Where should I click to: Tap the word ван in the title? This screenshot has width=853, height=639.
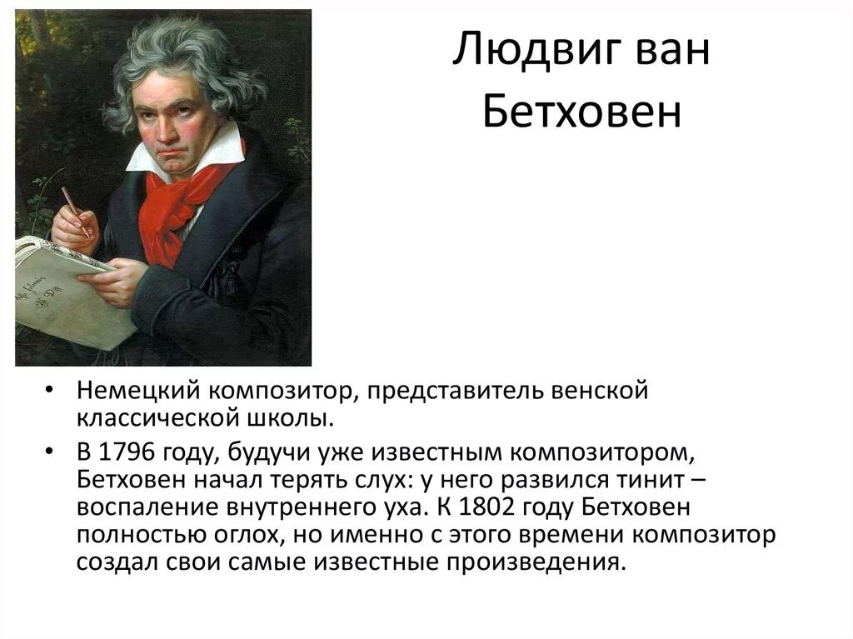pos(663,55)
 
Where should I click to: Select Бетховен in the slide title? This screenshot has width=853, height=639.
pos(581,115)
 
